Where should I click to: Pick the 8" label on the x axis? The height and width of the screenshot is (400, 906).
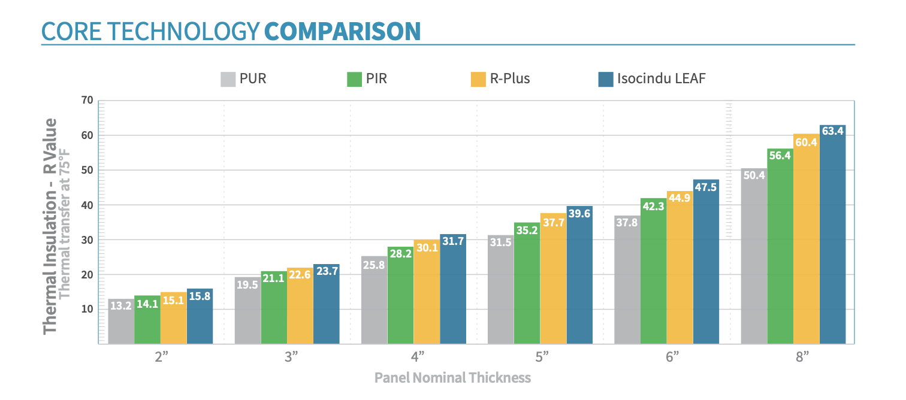pos(802,357)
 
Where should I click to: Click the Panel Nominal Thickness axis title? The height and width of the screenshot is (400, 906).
pos(452,378)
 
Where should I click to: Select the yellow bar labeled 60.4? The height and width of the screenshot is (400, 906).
pos(806,240)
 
